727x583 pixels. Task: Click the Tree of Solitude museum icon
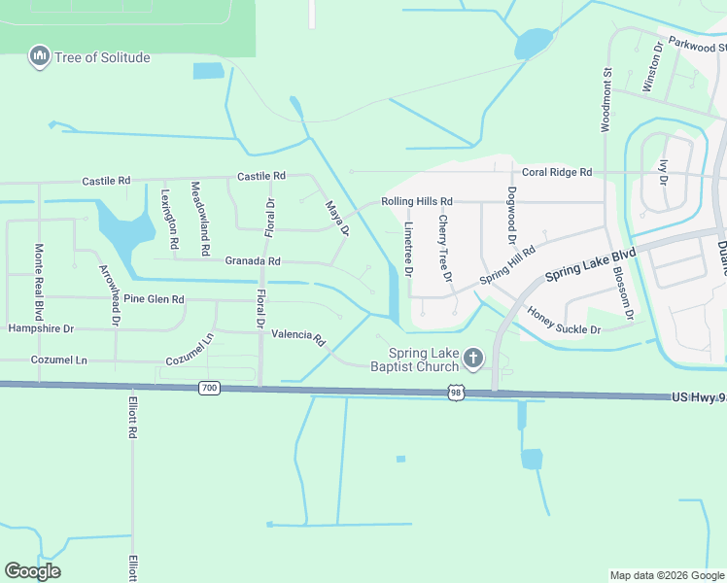(40, 57)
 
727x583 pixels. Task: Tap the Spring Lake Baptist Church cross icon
(473, 360)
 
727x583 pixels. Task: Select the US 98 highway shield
(455, 392)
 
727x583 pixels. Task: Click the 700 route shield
(210, 388)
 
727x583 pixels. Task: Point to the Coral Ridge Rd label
(557, 172)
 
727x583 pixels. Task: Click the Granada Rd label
(253, 261)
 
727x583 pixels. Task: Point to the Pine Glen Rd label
(153, 298)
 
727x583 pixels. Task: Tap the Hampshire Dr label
(41, 329)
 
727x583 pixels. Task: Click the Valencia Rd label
(298, 335)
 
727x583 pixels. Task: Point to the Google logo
(33, 571)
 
